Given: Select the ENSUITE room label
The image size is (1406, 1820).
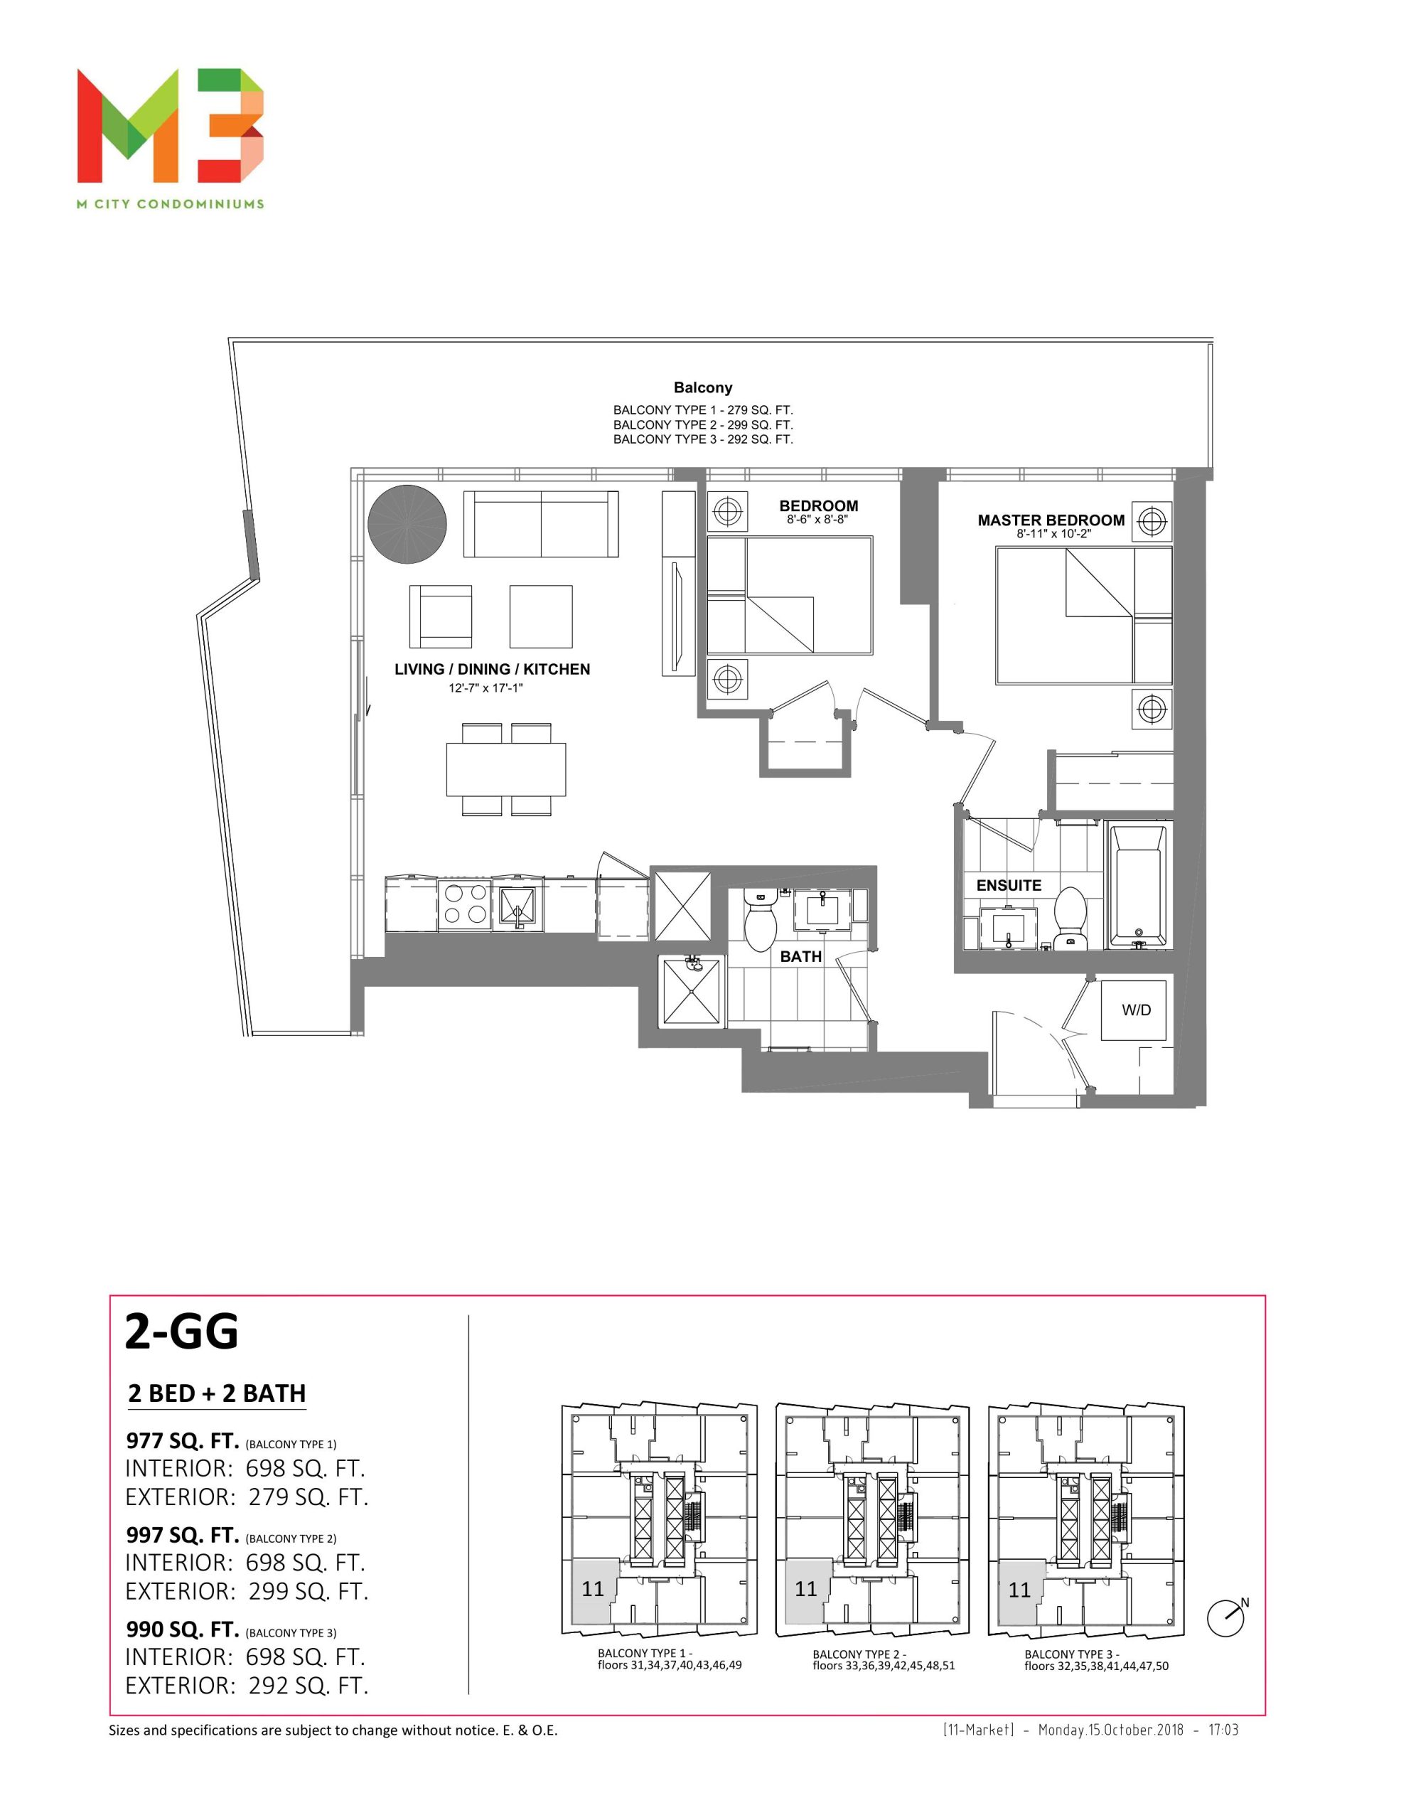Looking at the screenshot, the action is [1009, 885].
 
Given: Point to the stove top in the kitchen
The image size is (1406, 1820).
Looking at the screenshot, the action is [465, 904].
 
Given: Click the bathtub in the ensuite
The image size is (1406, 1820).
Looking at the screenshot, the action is [1139, 885].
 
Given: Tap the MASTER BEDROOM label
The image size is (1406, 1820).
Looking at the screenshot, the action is [1051, 520].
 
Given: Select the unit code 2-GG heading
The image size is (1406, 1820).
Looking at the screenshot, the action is [182, 1331].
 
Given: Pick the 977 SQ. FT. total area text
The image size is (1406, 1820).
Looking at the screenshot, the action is [183, 1440].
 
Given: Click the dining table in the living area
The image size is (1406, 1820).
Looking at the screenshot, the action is [506, 769].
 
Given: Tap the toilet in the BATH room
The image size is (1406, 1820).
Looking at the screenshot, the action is [759, 923].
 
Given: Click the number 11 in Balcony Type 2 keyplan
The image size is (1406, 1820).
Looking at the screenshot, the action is [806, 1589].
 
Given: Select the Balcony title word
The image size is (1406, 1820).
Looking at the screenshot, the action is [702, 387].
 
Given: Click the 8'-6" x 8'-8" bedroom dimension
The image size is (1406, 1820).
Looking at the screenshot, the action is [817, 520].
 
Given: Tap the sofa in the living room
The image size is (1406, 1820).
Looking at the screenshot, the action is [541, 523].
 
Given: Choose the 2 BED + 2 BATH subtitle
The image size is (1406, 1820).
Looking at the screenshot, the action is [217, 1393].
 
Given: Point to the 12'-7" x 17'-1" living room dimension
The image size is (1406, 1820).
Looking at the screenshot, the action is [486, 688].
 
